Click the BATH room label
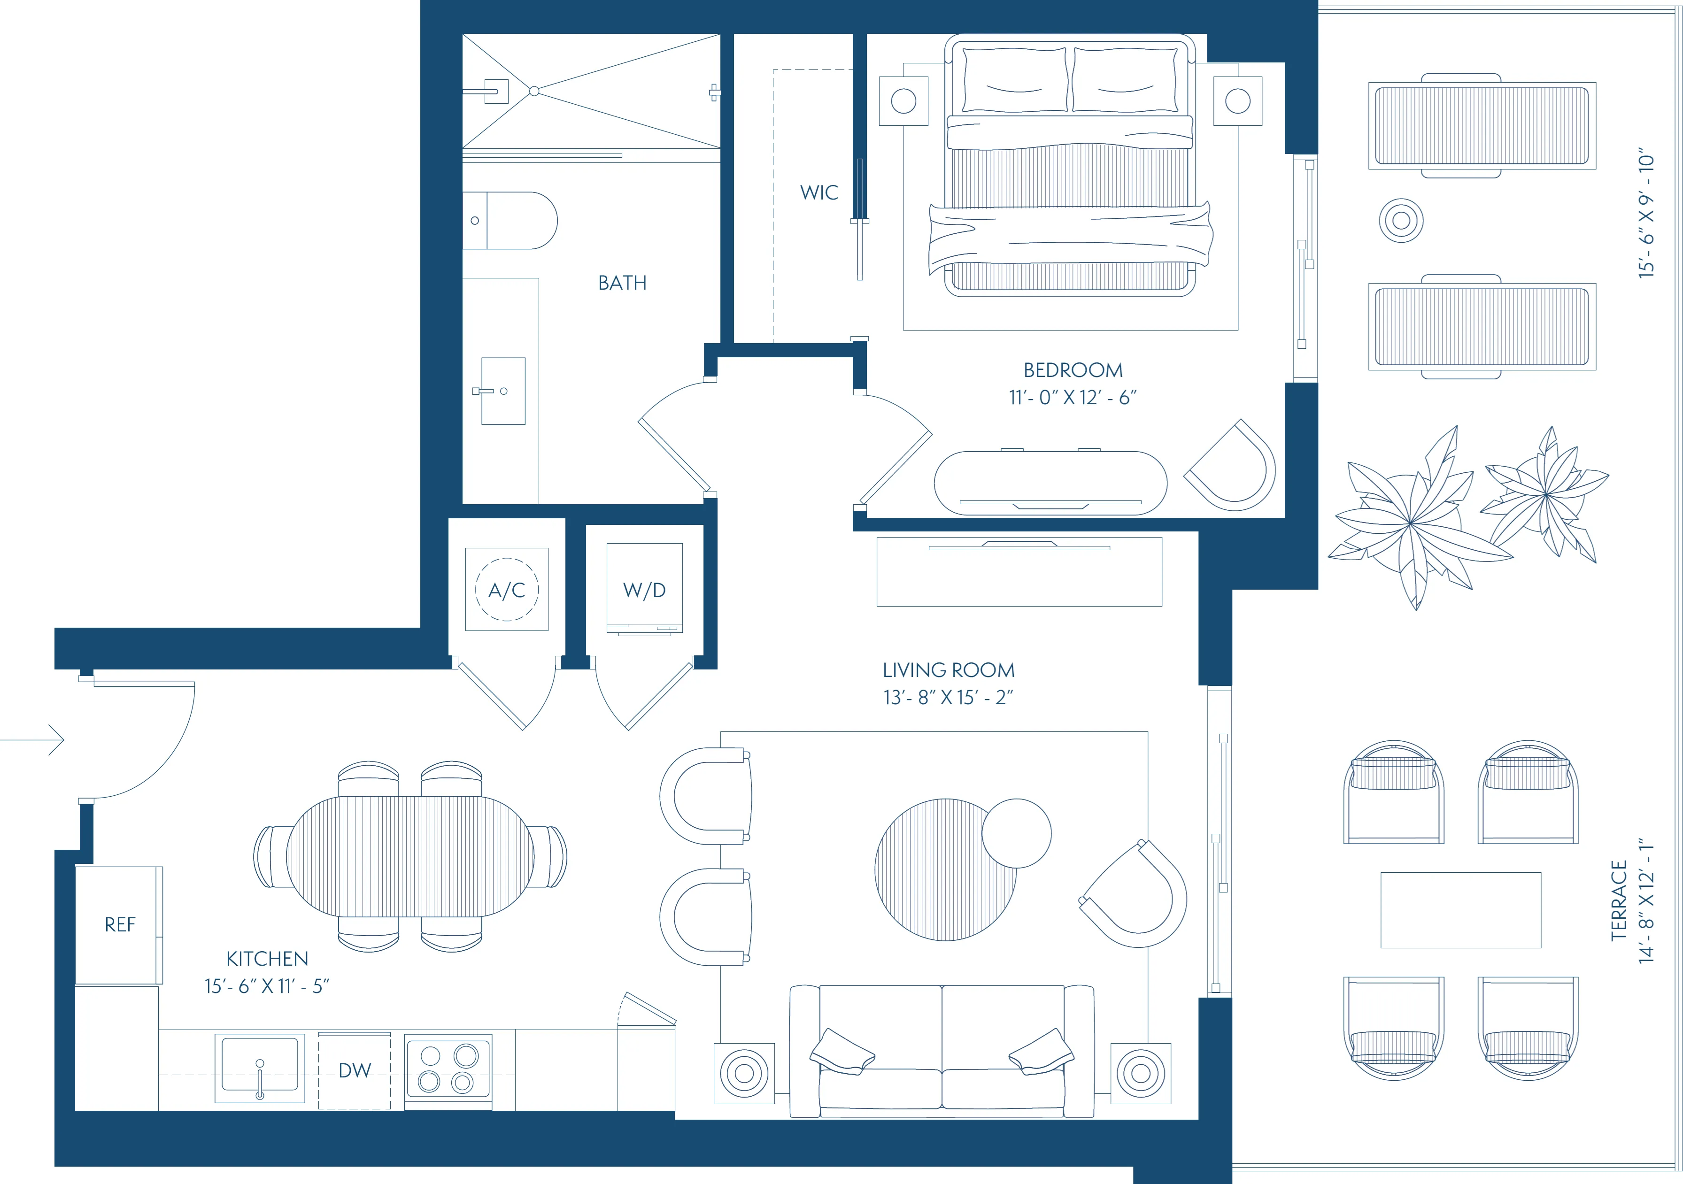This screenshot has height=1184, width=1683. click(622, 283)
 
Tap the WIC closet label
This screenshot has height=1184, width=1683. click(819, 192)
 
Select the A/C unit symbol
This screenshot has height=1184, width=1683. click(507, 590)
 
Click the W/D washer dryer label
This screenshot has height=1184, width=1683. click(644, 590)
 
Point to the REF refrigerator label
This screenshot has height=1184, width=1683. click(119, 925)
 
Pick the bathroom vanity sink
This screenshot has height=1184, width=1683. click(503, 391)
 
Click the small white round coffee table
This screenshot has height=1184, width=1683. click(1016, 833)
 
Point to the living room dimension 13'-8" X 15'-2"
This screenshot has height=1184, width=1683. click(948, 698)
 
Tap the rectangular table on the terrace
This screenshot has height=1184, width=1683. click(1460, 910)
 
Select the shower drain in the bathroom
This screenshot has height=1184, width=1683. click(534, 91)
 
